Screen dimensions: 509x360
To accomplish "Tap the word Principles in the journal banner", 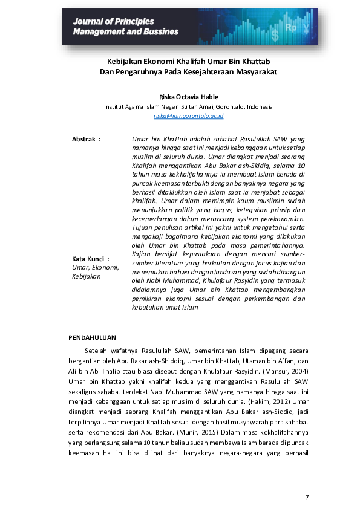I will pos(133,22).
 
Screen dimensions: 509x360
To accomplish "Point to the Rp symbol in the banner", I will pos(291,28).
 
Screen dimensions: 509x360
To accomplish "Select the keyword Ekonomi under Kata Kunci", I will pos(106,267).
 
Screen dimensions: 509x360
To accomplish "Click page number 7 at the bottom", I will pos(307,497).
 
